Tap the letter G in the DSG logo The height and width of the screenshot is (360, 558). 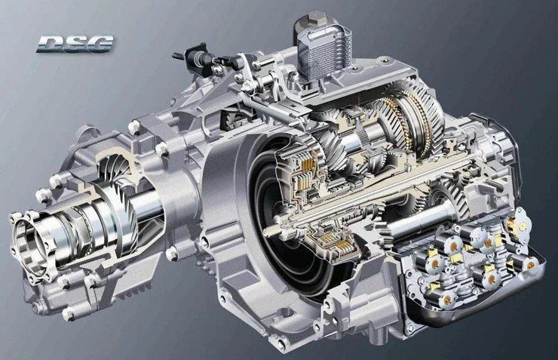point(101,44)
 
